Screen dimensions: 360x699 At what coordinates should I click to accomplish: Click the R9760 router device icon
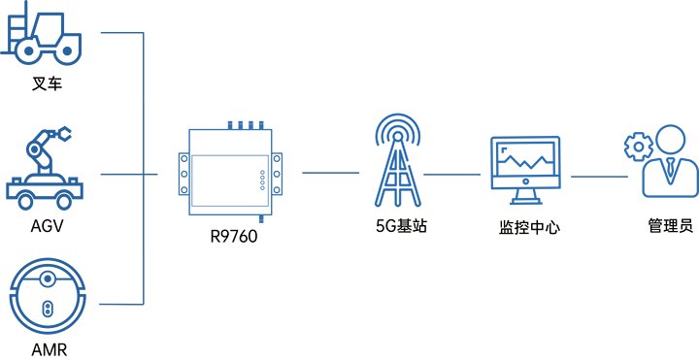coord(229,170)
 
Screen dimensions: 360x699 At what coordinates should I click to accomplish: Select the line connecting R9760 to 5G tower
coord(332,172)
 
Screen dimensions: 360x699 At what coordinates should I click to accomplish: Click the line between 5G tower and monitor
coord(452,177)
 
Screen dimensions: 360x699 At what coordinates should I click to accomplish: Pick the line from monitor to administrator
coord(599,177)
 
